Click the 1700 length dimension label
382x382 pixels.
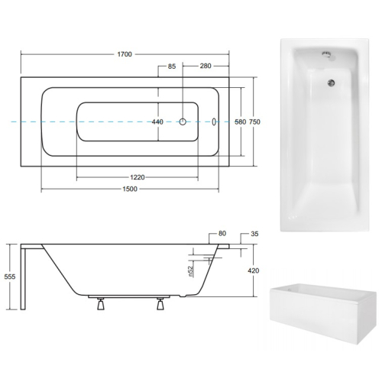125,54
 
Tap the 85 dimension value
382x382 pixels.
172,66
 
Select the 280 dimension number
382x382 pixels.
206,66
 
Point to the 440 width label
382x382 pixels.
157,122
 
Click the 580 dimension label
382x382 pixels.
241,122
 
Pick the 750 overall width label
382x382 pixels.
254,122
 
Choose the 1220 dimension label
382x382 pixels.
138,177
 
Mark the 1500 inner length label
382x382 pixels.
130,189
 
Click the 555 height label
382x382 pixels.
10,277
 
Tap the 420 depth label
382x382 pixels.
254,270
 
